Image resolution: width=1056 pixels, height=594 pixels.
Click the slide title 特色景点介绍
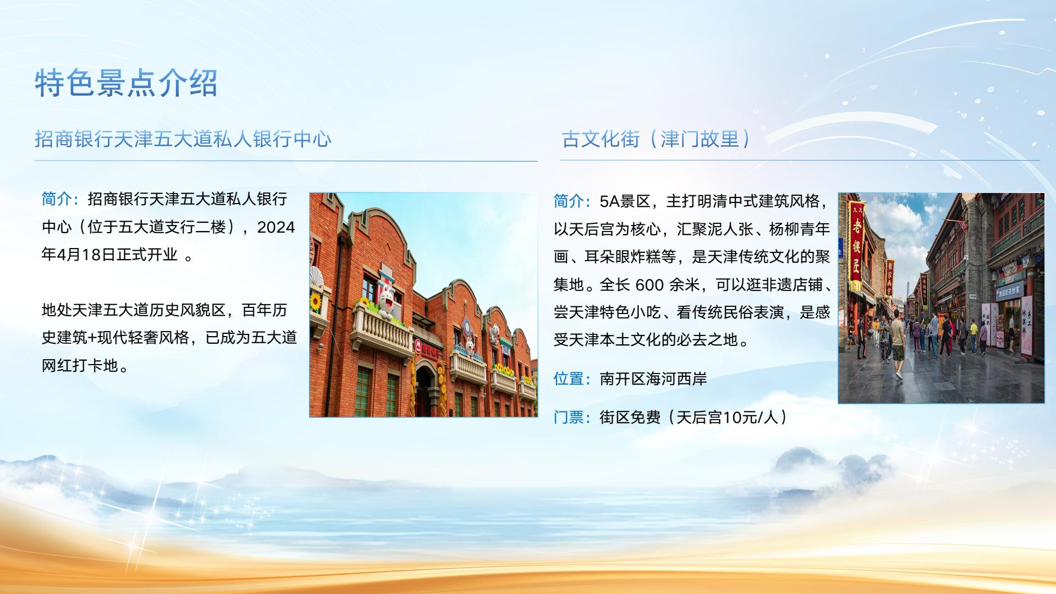pos(127,84)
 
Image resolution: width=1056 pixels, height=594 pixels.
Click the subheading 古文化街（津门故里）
pos(656,139)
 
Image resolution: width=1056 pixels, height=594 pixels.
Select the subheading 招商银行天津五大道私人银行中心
pos(183,139)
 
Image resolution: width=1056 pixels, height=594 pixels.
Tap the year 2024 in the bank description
pos(276,227)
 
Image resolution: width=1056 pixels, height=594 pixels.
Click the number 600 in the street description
pos(649,285)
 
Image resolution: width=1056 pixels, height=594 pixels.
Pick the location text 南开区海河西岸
pos(653,379)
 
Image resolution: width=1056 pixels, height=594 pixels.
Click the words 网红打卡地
pos(80,366)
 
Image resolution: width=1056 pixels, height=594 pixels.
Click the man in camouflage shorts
pos(897,344)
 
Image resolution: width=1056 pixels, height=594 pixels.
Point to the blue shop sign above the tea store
pos(1009,290)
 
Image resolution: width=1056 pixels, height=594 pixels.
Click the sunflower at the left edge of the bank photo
pos(316,301)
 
